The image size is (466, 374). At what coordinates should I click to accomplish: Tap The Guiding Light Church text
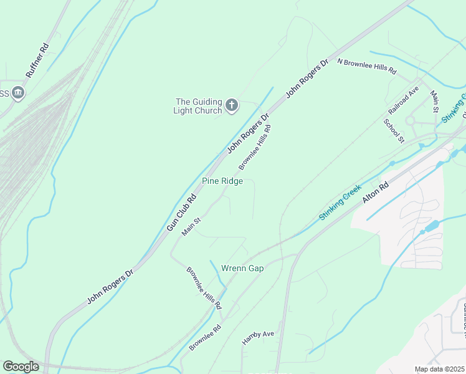pyautogui.click(x=199, y=106)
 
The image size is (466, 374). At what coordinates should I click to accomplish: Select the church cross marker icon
pyautogui.click(x=232, y=105)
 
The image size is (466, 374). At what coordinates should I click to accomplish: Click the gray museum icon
pyautogui.click(x=17, y=93)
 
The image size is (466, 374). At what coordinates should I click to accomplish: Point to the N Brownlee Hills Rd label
pyautogui.click(x=367, y=66)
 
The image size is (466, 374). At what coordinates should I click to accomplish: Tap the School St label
pyautogui.click(x=394, y=130)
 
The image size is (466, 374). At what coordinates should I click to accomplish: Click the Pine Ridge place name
pyautogui.click(x=222, y=181)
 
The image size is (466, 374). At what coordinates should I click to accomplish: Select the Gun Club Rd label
pyautogui.click(x=181, y=213)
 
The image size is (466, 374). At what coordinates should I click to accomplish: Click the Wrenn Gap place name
pyautogui.click(x=242, y=268)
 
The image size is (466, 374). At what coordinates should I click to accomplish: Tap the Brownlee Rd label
pyautogui.click(x=206, y=337)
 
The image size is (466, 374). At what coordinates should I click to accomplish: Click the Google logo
pyautogui.click(x=21, y=367)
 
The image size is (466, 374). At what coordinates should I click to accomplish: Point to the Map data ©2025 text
pyautogui.click(x=439, y=369)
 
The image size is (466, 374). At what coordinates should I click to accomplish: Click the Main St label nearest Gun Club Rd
pyautogui.click(x=191, y=226)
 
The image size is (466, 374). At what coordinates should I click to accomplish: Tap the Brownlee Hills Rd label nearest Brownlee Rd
pyautogui.click(x=204, y=288)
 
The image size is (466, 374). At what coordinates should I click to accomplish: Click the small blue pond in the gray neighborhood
pyautogui.click(x=431, y=226)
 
